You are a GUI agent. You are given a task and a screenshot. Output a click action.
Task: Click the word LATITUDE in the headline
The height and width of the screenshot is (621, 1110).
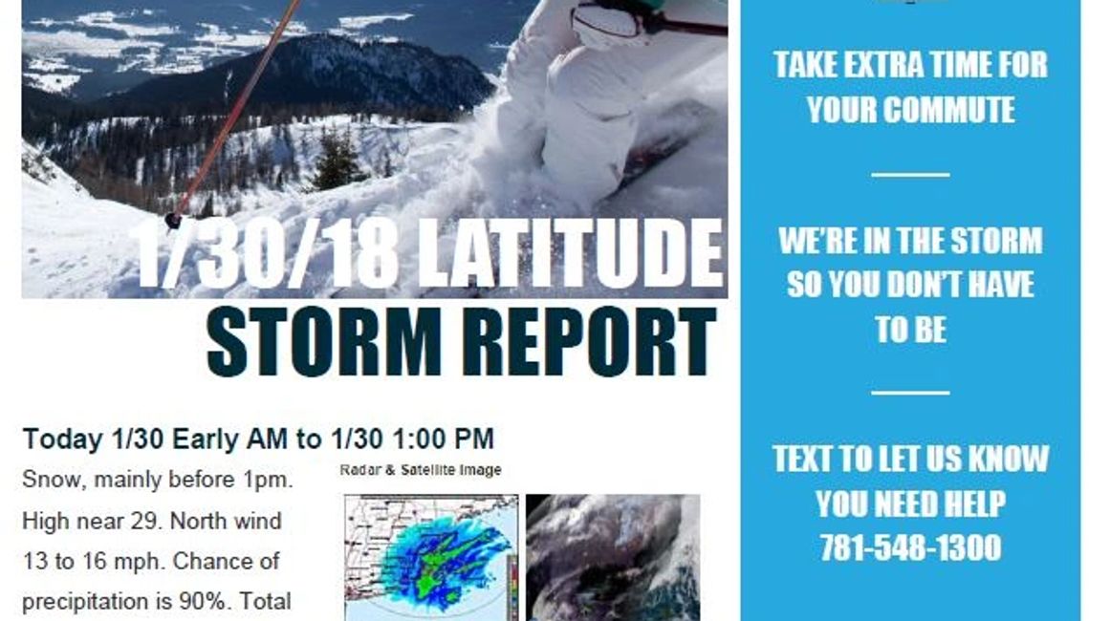click(x=571, y=252)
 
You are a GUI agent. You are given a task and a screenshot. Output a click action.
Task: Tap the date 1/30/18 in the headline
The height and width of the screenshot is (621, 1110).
click(x=267, y=252)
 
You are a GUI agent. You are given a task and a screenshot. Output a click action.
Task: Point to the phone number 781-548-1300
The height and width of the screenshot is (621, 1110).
click(x=910, y=547)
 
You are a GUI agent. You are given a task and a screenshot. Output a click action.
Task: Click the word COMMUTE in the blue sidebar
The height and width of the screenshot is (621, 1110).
click(x=910, y=110)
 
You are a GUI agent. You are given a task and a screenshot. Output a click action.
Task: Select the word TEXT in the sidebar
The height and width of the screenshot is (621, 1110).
click(x=801, y=459)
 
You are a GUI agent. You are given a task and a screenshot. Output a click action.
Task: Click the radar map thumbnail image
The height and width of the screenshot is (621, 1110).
click(x=431, y=557)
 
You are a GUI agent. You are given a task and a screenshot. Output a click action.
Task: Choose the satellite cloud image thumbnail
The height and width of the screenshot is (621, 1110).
click(x=613, y=557)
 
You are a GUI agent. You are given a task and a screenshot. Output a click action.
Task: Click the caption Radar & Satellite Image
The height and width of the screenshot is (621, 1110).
click(x=421, y=470)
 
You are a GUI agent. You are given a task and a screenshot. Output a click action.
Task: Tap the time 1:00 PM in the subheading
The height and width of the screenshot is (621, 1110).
click(x=444, y=439)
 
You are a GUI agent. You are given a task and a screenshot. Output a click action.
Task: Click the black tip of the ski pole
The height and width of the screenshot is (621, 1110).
click(x=172, y=221)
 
